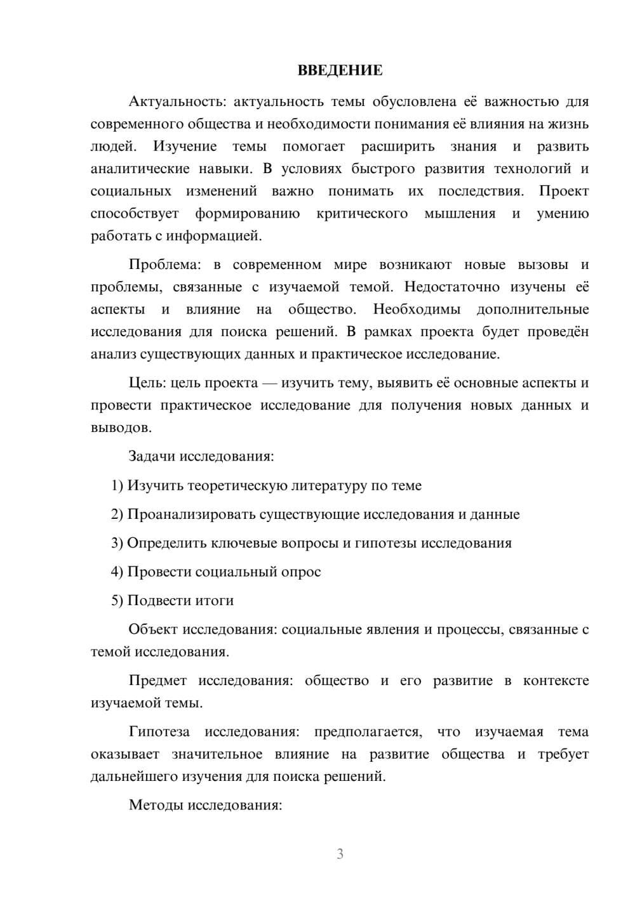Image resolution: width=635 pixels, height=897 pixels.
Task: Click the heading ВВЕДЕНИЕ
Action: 340,70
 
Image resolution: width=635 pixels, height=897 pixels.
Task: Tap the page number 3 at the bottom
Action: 340,854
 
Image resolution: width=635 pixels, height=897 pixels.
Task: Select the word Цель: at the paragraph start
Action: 147,383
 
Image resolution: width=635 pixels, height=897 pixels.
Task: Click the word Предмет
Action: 157,681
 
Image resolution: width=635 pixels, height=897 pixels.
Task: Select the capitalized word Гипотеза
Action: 159,732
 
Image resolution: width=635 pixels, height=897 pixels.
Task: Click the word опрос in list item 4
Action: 300,572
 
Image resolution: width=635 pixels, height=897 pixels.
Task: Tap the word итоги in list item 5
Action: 213,600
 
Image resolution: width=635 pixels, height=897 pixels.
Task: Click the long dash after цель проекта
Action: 269,383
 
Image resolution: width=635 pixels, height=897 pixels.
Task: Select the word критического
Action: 362,214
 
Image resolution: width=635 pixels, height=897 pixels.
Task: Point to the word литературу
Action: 330,485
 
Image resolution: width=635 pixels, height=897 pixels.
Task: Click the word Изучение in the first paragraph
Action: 185,147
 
